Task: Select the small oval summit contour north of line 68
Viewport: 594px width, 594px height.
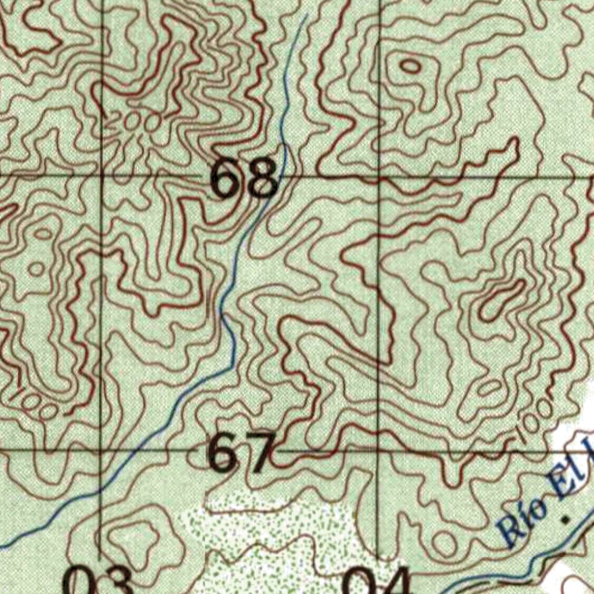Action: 411,66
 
